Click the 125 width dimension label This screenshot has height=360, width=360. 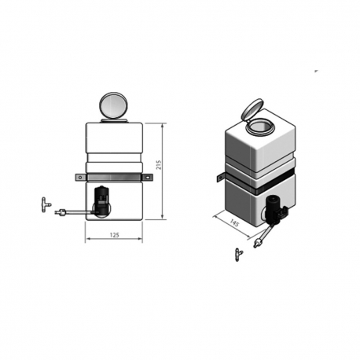pos(114,233)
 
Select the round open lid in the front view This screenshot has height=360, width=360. pos(113,105)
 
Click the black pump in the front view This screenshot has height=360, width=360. pos(103,200)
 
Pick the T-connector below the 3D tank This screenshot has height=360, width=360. pos(238,253)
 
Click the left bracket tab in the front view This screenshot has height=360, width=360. pos(79,178)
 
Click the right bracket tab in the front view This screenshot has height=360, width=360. pos(147,178)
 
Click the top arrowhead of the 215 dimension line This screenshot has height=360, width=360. pos(161,124)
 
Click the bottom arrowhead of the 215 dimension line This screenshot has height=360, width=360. pos(161,219)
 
